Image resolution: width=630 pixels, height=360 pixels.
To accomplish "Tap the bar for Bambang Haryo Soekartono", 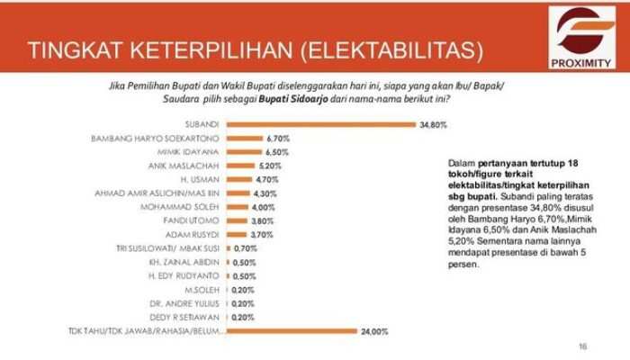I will click(243, 139).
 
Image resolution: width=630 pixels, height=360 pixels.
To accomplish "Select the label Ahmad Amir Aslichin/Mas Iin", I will click(170, 193).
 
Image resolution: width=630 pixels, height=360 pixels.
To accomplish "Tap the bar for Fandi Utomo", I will click(236, 220).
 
